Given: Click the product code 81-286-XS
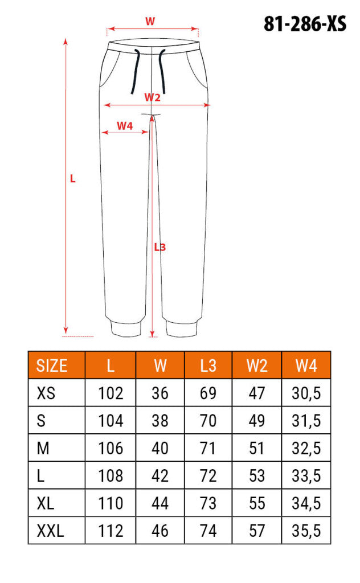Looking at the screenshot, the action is tap(305, 24).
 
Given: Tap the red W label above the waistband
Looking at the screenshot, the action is tap(150, 21).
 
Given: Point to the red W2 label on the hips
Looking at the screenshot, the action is tap(153, 97).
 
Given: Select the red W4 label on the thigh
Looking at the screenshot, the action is tap(125, 126).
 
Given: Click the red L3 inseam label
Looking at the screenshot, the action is tap(160, 247).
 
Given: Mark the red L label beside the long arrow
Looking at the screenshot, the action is tap(73, 179).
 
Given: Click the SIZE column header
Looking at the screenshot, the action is tap(52, 366).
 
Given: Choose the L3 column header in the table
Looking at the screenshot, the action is tap(208, 366).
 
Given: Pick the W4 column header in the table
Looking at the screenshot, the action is tap(306, 366).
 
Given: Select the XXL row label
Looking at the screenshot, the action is tap(50, 531).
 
